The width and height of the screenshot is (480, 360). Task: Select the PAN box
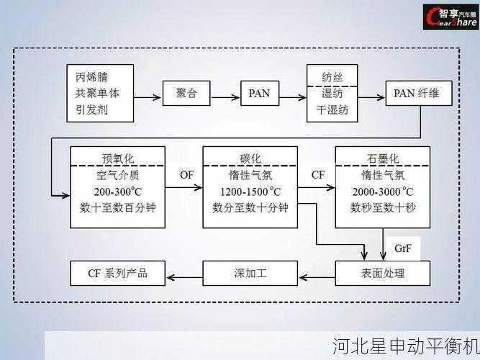point(259,94)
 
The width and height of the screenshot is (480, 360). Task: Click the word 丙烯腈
point(92,75)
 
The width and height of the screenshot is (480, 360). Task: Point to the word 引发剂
point(92,111)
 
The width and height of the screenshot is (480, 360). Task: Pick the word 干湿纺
point(332,110)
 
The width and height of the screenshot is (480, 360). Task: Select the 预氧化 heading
point(117,157)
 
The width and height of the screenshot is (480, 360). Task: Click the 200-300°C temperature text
point(117,192)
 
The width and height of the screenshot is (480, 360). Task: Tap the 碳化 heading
point(250,157)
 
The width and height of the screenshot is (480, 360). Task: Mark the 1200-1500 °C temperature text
point(250,192)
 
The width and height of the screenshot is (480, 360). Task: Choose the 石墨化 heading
point(382,157)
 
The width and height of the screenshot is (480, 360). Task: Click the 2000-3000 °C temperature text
point(382,192)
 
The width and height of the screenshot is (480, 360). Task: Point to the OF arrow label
point(186,174)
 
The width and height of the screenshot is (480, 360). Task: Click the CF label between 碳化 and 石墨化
point(317,174)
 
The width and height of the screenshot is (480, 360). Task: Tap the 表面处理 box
point(382,273)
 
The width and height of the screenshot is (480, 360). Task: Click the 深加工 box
point(250,273)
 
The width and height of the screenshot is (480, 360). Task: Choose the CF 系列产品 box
point(117,273)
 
